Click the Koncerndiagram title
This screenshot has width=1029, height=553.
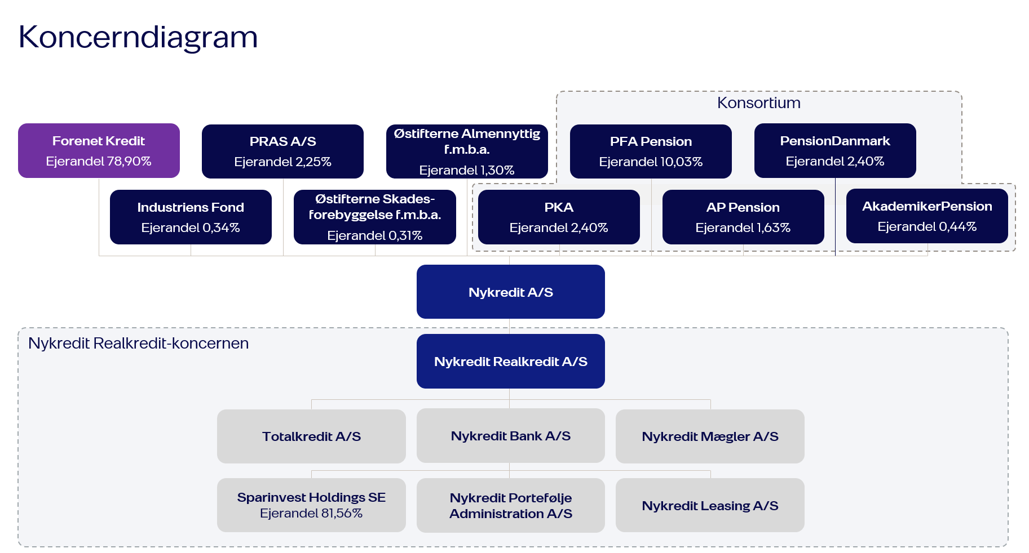coord(138,37)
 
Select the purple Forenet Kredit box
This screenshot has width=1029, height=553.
coord(99,150)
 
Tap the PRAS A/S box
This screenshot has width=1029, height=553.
coord(282,151)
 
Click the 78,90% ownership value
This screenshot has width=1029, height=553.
coord(129,162)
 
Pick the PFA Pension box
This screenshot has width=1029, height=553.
coord(651,151)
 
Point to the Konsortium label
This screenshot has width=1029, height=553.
coord(758,103)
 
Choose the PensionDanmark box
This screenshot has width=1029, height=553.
coord(834,150)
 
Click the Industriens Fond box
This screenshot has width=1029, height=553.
coord(191,217)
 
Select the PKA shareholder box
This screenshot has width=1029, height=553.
coord(559,217)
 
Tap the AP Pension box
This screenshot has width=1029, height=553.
coord(743,217)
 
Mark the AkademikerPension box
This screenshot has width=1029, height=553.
coord(926,216)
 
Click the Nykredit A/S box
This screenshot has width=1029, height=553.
coord(510,292)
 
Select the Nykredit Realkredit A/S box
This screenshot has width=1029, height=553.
coord(510,361)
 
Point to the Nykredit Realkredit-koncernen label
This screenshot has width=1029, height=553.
coord(138,343)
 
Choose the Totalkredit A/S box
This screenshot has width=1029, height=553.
coord(311,436)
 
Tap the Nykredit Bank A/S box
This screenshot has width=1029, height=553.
coord(510,436)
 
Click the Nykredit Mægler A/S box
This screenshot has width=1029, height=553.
coord(710,436)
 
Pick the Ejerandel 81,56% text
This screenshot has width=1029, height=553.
coord(311,514)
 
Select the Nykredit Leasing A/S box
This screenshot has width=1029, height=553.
coord(710,505)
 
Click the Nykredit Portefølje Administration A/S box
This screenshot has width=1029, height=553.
coord(510,505)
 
